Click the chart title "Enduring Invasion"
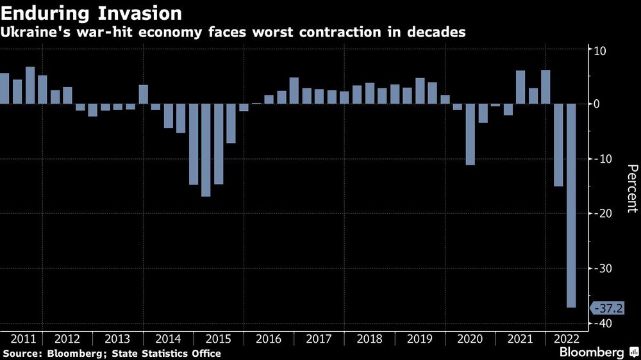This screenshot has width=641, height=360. [x=90, y=13]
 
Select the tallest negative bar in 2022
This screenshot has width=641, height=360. [x=570, y=206]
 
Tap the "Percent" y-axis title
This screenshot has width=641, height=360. [x=631, y=188]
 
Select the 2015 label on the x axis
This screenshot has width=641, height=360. [x=218, y=340]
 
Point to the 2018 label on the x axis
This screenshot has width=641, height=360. [x=369, y=340]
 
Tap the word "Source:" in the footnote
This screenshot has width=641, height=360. [x=22, y=354]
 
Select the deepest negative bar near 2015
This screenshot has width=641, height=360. [x=206, y=150]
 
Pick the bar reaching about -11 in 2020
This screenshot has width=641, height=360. [x=470, y=134]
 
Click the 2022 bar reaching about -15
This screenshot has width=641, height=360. [x=558, y=145]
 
